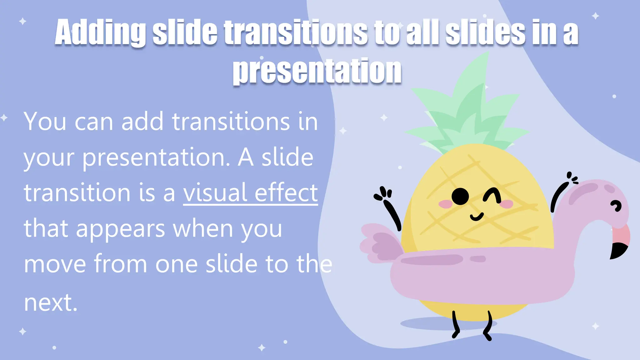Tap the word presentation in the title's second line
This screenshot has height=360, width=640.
[x=317, y=71]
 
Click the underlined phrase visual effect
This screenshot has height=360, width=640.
[x=250, y=193]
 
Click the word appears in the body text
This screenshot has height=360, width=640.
[x=120, y=229]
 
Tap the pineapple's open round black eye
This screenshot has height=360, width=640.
[x=460, y=197]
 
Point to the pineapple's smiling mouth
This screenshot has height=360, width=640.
[x=477, y=217]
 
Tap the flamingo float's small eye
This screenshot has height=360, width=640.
[x=617, y=206]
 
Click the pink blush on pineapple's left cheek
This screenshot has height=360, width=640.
[x=445, y=204]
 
